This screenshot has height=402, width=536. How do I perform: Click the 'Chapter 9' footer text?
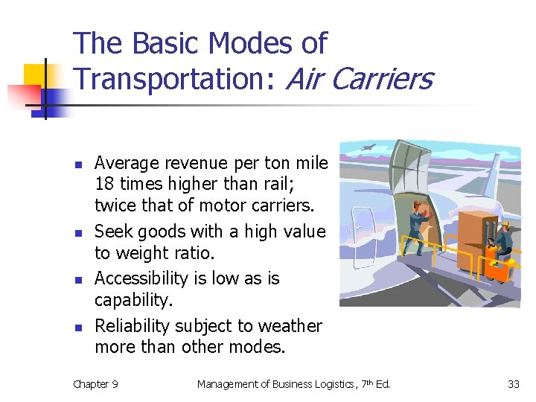pyautogui.click(x=95, y=384)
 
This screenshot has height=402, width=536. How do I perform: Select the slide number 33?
pyautogui.click(x=513, y=384)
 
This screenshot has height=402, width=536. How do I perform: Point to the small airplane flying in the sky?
pyautogui.click(x=366, y=148)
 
